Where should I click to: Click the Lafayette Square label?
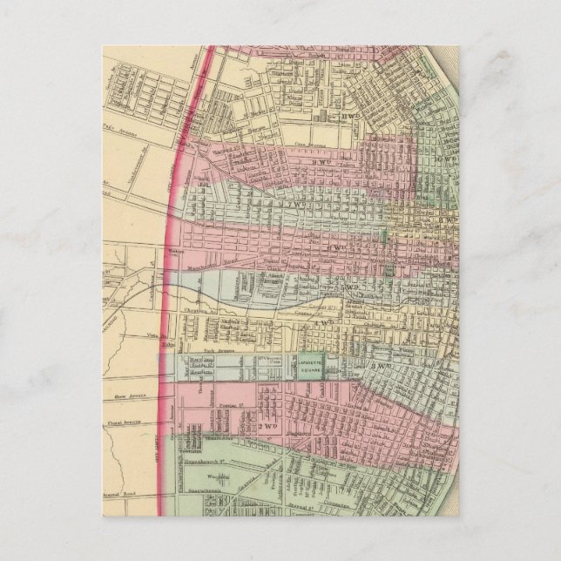pos(311,370)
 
